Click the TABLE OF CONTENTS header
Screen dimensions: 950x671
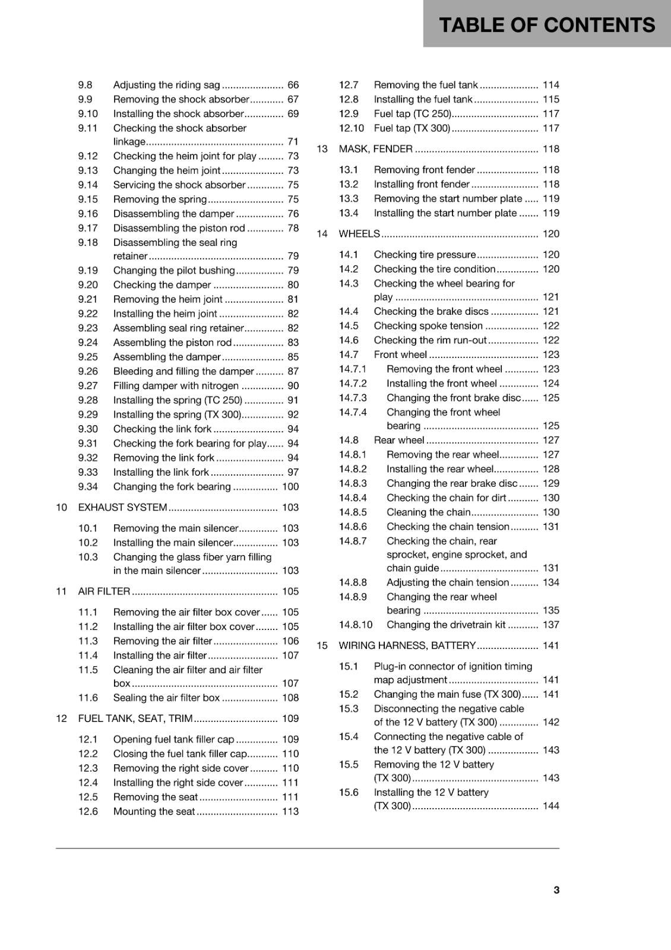546,25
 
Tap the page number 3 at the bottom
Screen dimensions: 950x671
556,889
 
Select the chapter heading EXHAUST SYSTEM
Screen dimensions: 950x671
122,507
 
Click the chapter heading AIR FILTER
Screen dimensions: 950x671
104,591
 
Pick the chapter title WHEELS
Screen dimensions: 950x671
359,233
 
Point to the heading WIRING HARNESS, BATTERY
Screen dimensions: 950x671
407,645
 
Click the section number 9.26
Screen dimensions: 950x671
88,371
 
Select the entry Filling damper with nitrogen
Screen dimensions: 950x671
176,385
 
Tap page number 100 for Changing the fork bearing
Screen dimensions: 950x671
290,486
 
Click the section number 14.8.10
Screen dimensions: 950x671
356,625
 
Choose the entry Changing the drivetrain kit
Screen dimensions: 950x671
446,625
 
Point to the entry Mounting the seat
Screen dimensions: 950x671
154,811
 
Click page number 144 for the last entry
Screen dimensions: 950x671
550,806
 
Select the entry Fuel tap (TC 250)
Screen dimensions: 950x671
412,113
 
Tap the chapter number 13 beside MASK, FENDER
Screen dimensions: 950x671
322,149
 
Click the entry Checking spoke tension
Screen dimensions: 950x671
428,325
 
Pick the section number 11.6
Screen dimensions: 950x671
88,698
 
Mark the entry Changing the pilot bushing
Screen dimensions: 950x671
174,270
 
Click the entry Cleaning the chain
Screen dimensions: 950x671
428,512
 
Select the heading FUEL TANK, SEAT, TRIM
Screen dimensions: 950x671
135,718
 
